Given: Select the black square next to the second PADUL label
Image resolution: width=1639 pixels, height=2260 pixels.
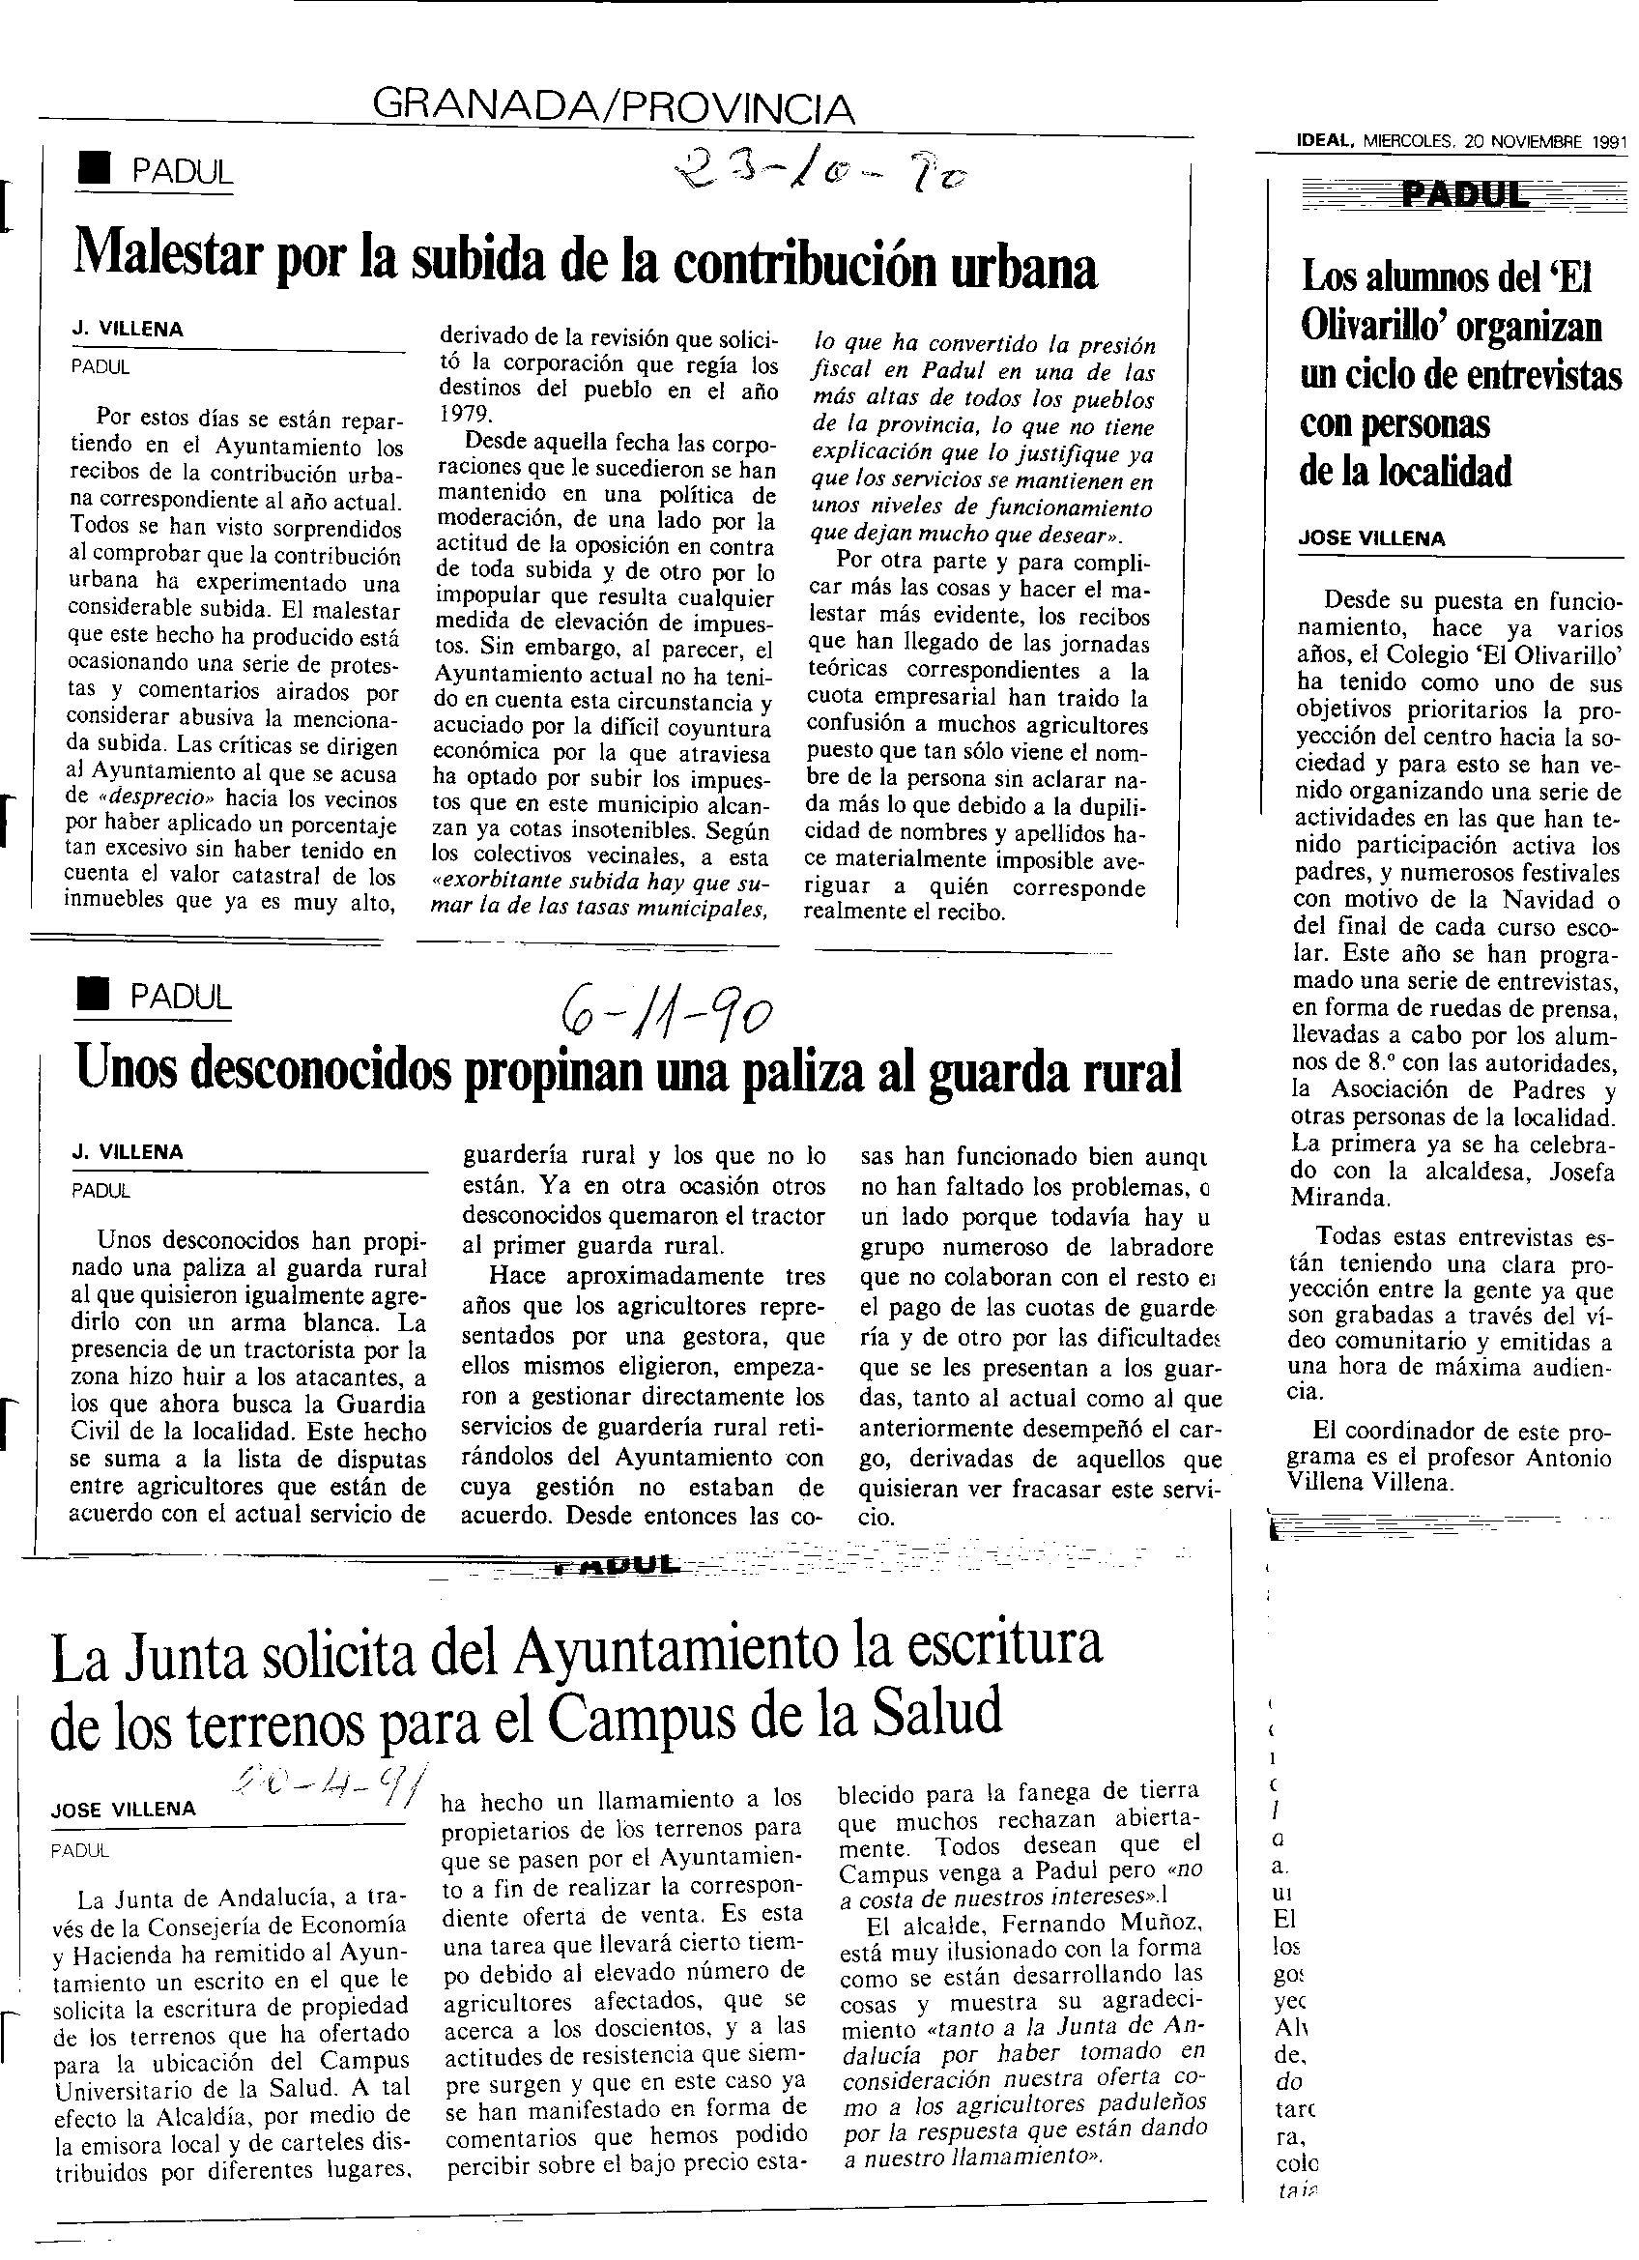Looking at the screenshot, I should pos(92,994).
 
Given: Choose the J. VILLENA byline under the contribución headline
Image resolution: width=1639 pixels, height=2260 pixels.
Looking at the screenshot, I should pos(127,330).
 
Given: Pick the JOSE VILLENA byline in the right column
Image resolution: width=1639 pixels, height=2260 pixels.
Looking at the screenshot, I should pos(1372,538).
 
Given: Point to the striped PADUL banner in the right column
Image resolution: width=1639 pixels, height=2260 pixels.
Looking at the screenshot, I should pos(1451,195).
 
